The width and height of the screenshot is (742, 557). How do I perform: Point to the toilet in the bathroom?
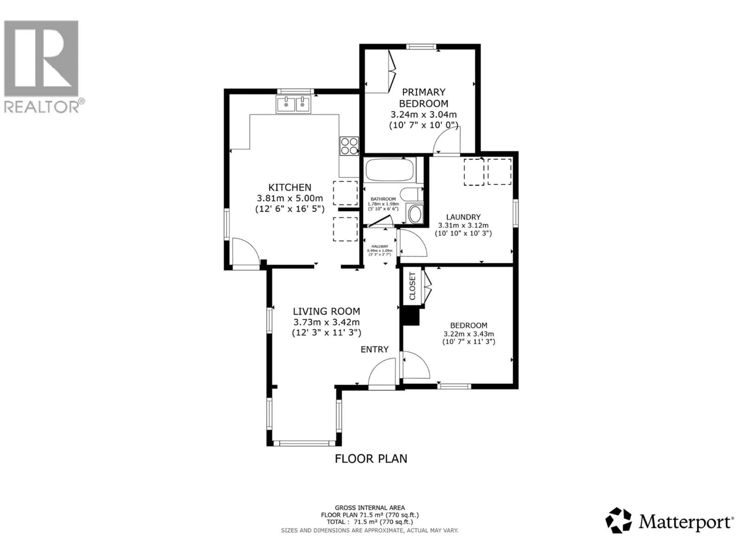click(410, 194)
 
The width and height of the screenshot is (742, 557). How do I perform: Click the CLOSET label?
click(412, 286)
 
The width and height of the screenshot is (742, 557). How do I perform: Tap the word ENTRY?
click(374, 349)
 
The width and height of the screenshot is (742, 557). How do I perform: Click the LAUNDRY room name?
click(463, 217)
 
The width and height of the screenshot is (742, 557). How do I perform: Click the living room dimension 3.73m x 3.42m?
click(326, 322)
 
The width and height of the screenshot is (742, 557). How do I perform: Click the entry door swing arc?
click(382, 373)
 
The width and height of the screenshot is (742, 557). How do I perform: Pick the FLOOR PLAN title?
click(371, 459)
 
